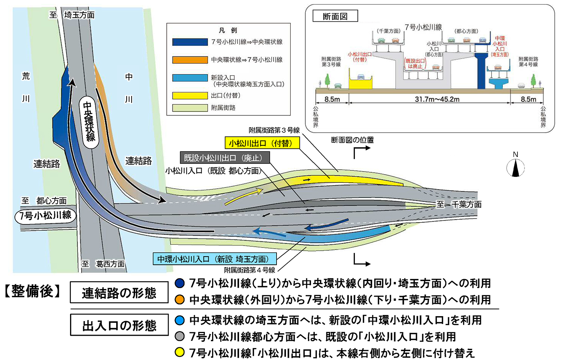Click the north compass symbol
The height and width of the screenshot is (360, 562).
516,167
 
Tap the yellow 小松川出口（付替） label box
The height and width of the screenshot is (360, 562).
262,143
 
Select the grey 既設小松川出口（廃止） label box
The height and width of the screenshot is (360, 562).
224,158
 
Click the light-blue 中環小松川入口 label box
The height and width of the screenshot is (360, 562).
215,259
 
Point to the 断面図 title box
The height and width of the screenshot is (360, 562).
335,16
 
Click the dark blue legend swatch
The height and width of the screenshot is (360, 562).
190,42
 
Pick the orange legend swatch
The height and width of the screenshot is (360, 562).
190,60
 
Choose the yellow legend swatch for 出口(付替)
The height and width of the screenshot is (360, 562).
190,96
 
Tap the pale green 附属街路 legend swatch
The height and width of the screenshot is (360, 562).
190,108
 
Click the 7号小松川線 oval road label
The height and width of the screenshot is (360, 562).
45,215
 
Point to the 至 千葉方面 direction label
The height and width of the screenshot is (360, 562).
459,204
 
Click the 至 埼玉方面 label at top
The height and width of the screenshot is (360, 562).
72,15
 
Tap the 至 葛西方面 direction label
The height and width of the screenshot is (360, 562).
103,264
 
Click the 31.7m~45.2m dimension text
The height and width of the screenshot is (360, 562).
437,99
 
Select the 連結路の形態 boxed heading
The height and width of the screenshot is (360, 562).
119,293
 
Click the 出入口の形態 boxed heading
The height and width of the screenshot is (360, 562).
119,325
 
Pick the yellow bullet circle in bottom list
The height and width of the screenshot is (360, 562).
180,353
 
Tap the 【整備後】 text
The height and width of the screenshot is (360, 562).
33,291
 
